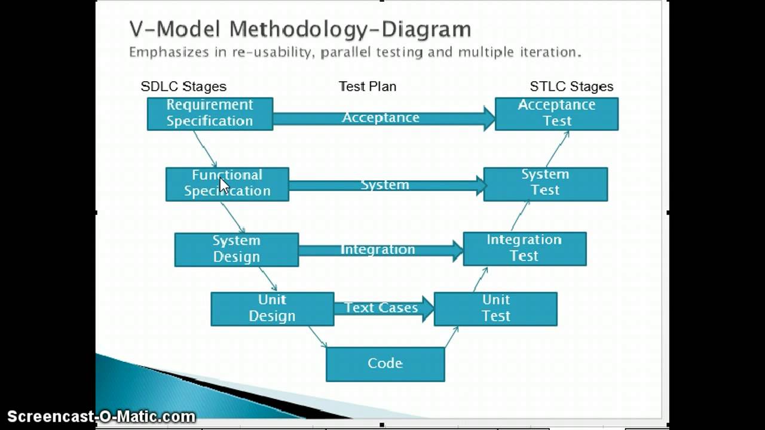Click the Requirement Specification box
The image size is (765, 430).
pos(210,114)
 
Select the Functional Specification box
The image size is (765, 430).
pos(228,185)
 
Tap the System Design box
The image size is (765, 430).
pos(237,250)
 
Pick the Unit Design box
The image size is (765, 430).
pos(273,309)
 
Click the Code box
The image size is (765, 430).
pos(385,364)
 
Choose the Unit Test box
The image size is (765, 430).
pos(496,309)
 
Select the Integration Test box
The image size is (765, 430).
pos(525,249)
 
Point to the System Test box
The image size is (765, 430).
pos(546,185)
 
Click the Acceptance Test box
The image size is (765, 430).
pos(556,114)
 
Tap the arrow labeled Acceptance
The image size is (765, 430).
pos(384,118)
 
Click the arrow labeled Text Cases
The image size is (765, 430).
pos(384,309)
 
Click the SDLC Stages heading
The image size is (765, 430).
pos(183,87)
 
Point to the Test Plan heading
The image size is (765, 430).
pos(368,87)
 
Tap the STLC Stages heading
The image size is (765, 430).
pos(572,87)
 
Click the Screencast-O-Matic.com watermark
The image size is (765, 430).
pos(102,417)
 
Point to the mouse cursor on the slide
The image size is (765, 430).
pos(224,186)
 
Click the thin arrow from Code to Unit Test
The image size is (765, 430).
pos(451,337)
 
